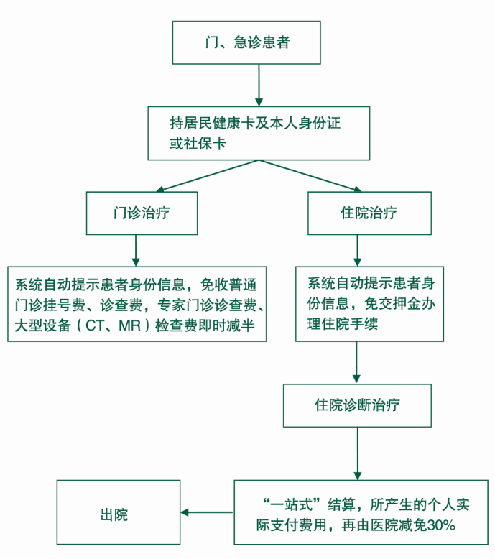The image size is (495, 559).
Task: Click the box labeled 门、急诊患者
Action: pyautogui.click(x=246, y=42)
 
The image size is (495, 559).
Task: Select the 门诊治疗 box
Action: pyautogui.click(x=142, y=213)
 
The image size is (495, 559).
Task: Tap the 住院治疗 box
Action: pyautogui.click(x=369, y=213)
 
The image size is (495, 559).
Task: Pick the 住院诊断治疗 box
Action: pyautogui.click(x=357, y=405)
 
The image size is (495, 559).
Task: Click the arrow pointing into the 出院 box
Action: pyautogui.click(x=207, y=512)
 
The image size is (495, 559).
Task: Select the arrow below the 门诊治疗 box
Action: pyautogui.click(x=135, y=250)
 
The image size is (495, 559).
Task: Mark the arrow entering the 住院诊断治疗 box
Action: pyautogui.click(x=357, y=362)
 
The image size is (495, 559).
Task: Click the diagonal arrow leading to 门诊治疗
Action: pyautogui.click(x=205, y=177)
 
